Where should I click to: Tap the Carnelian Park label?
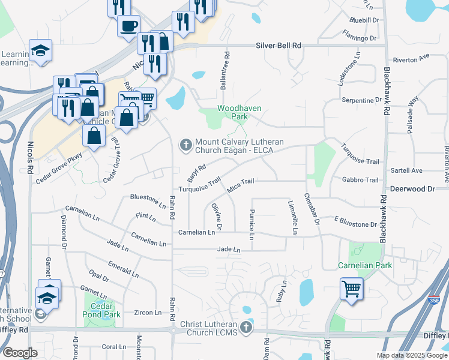click(x=364, y=265)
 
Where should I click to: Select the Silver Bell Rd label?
click(x=279, y=45)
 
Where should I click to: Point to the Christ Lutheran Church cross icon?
click(x=245, y=327)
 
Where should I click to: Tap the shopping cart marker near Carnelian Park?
click(x=351, y=288)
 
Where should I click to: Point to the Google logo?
click(x=20, y=353)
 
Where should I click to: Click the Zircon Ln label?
click(x=148, y=313)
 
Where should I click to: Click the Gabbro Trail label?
click(x=360, y=180)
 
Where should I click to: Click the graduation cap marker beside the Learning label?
click(x=40, y=50)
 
